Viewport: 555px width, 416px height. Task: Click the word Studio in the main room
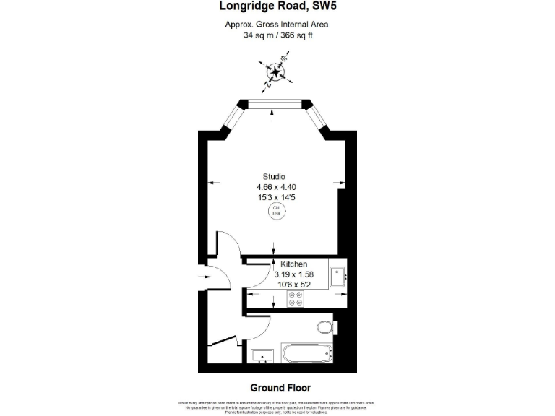coord(274,177)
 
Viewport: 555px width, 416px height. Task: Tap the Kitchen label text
coord(293,264)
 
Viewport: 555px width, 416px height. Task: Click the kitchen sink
coord(337,276)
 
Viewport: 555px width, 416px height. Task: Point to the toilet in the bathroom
coord(327,328)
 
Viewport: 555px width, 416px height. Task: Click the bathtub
coord(306,354)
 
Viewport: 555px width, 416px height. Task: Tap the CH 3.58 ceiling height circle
coord(275,211)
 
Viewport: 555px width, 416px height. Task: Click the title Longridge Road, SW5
coord(277,7)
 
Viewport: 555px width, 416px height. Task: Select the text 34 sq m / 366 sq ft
coord(277,35)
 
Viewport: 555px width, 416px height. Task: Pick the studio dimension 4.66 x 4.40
coord(276,187)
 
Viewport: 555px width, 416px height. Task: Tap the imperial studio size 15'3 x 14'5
coord(276,197)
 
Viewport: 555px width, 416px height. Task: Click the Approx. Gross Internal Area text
coord(277,25)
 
